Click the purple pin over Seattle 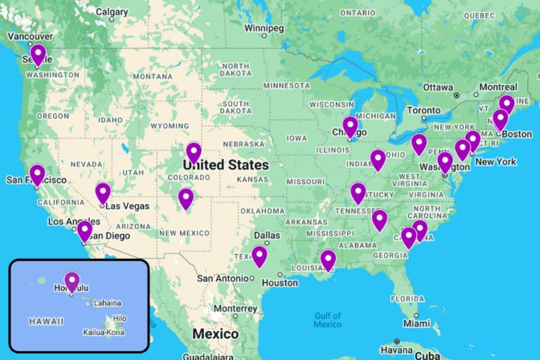click(x=38, y=54)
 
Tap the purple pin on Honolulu click(x=72, y=281)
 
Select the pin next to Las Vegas click(x=103, y=192)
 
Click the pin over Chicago click(x=350, y=127)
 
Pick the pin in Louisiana click(x=328, y=259)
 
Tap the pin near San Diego click(x=84, y=230)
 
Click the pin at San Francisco click(x=37, y=174)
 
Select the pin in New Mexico click(x=186, y=198)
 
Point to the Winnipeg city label click(x=264, y=28)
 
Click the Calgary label click(x=112, y=12)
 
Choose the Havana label click(x=398, y=350)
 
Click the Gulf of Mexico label click(x=328, y=320)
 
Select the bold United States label click(x=226, y=165)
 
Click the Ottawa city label click(x=438, y=88)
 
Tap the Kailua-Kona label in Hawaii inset click(x=104, y=332)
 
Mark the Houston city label click(x=280, y=283)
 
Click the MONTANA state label click(x=152, y=76)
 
